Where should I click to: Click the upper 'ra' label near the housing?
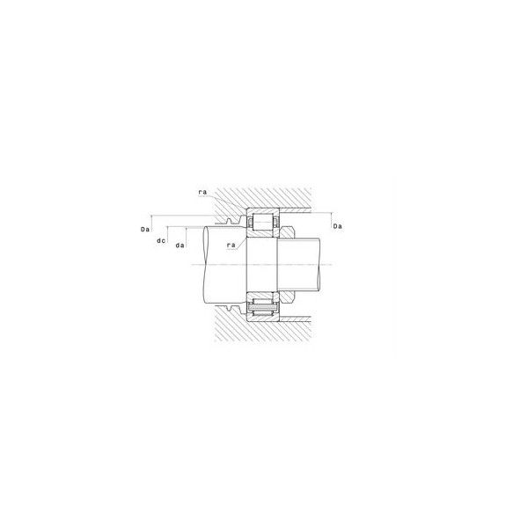[x=202, y=192]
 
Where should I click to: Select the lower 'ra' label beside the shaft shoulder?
[x=231, y=246]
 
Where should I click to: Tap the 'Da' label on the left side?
[x=145, y=230]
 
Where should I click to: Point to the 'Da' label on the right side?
[x=337, y=226]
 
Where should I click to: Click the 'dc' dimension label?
[x=161, y=241]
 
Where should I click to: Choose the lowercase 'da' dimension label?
[x=180, y=246]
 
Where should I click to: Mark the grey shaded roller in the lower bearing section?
[x=263, y=308]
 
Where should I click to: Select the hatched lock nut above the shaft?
[x=287, y=232]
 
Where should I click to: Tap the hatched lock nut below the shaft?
[x=287, y=297]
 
